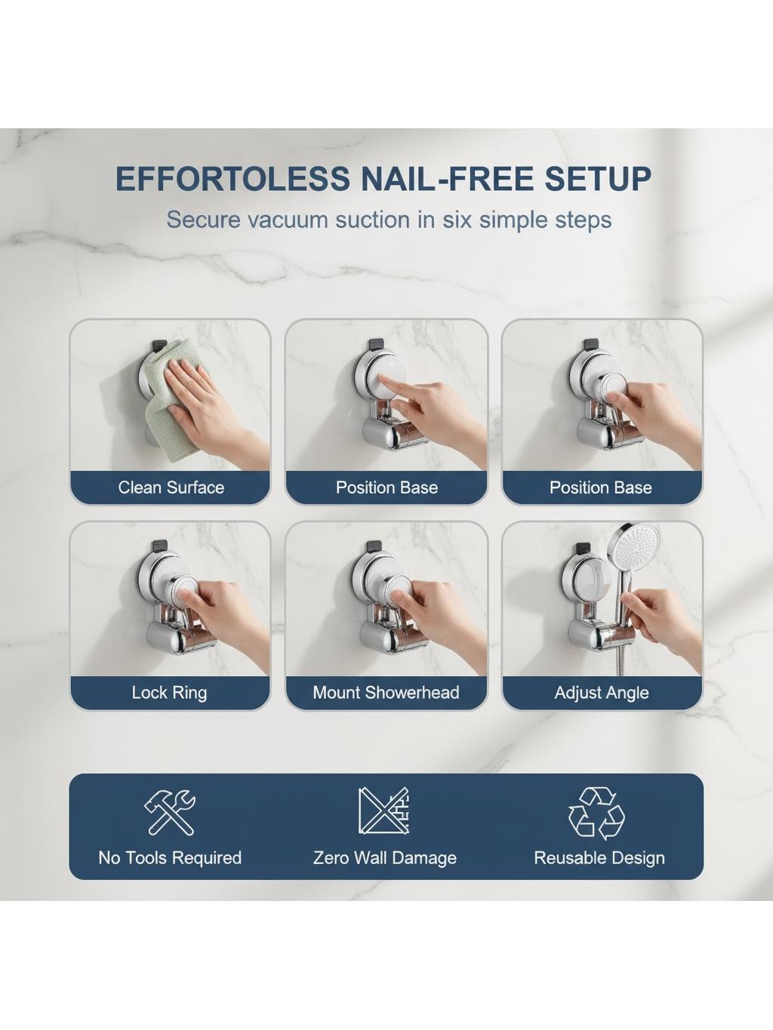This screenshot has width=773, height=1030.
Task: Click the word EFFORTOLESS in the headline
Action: pos(233,179)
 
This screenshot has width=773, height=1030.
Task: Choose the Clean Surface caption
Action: pos(171,487)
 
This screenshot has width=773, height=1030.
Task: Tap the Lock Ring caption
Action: pos(169,693)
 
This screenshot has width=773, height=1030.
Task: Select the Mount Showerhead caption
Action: pos(386,693)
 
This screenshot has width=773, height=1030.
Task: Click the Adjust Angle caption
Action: pos(601,693)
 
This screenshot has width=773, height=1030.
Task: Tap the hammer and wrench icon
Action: pos(169,812)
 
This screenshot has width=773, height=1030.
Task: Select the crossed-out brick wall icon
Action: pos(384,811)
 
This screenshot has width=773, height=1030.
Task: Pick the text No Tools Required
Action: pos(170,858)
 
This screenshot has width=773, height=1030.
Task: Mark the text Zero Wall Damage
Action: pos(385,859)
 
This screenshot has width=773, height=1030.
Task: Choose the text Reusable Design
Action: pos(599,859)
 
